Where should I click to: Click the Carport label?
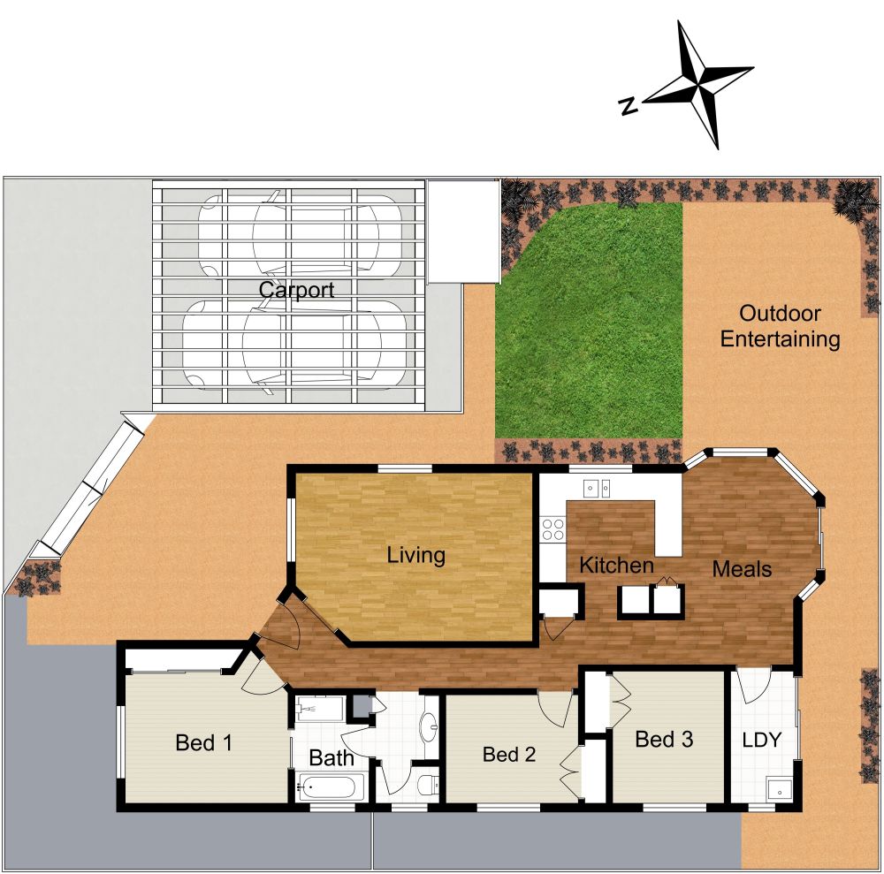pyautogui.click(x=296, y=291)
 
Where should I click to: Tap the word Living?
pyautogui.click(x=415, y=556)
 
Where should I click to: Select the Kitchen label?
pyautogui.click(x=616, y=566)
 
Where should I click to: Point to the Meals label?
pyautogui.click(x=742, y=570)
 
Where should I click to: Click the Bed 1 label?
pyautogui.click(x=203, y=743)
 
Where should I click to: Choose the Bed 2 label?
pyautogui.click(x=509, y=755)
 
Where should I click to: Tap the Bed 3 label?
pyautogui.click(x=664, y=740)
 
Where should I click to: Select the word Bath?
pyautogui.click(x=331, y=758)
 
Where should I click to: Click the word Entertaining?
pyautogui.click(x=780, y=338)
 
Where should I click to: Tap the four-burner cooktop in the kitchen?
pyautogui.click(x=553, y=528)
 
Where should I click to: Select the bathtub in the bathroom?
pyautogui.click(x=331, y=786)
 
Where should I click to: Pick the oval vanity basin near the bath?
pyautogui.click(x=430, y=726)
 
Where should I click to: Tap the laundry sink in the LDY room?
pyautogui.click(x=779, y=789)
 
